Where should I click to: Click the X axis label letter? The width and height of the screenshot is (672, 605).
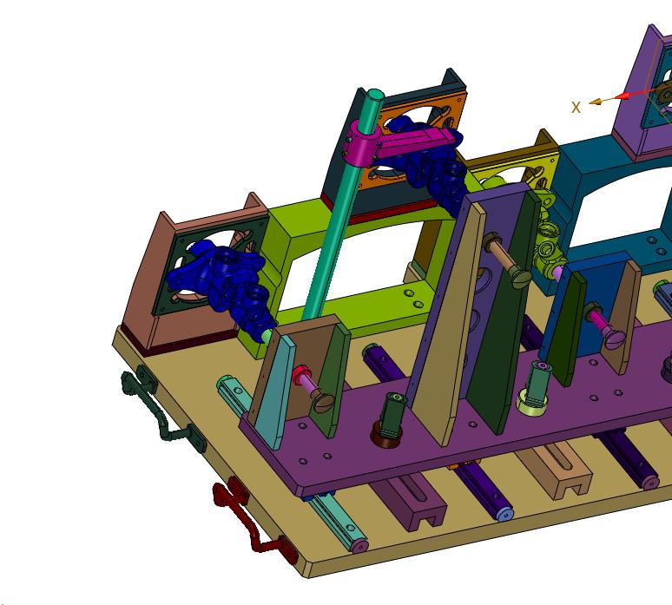[576, 107]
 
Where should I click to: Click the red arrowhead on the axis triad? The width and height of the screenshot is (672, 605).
[622, 95]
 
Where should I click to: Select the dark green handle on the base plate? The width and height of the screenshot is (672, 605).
[163, 410]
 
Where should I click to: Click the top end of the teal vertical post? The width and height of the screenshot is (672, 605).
[375, 95]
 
